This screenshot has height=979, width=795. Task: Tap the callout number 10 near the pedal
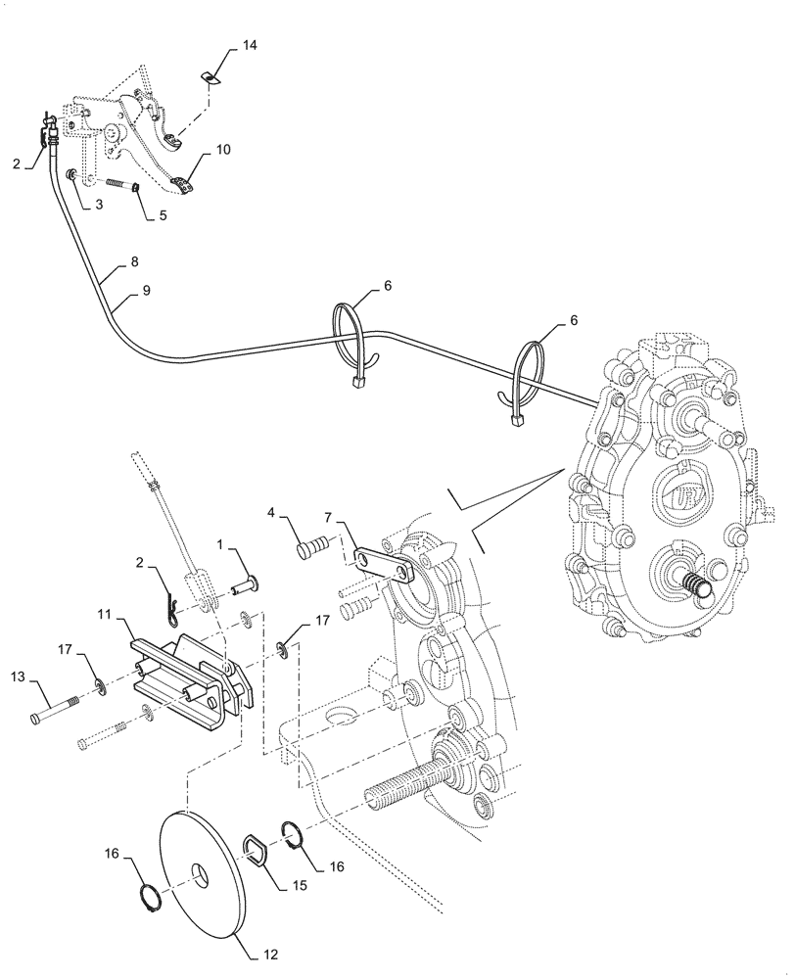click(x=223, y=150)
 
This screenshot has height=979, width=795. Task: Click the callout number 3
click(x=100, y=205)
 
